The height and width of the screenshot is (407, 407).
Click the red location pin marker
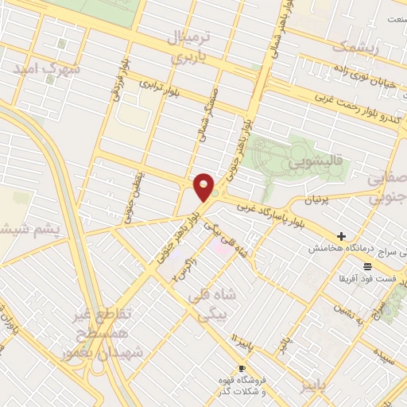click(x=204, y=187)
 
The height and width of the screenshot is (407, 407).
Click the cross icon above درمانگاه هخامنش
click(x=341, y=236)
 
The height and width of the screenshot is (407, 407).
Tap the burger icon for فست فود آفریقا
click(x=366, y=266)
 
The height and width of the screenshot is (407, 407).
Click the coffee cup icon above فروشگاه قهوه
click(x=242, y=368)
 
